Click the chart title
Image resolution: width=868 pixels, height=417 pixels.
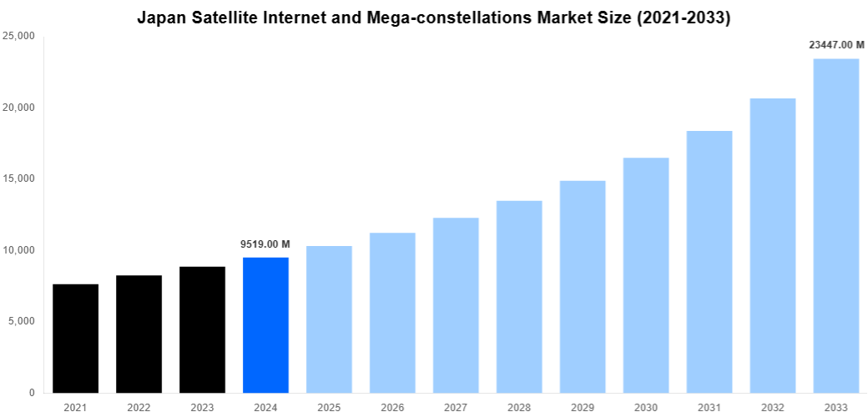(x=433, y=18)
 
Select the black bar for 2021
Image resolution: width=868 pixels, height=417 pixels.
(x=75, y=339)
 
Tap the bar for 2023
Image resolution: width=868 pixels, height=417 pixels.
(x=202, y=330)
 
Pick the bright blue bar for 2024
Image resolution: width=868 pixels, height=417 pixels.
(x=265, y=325)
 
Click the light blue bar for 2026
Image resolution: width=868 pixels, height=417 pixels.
(x=392, y=313)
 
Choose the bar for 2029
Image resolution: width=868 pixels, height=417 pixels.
(x=583, y=287)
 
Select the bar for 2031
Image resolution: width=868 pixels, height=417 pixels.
(x=709, y=262)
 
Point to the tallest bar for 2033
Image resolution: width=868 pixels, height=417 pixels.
(x=835, y=226)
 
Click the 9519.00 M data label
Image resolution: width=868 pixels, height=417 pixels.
(x=265, y=244)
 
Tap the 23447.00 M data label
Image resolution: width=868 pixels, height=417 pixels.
(x=835, y=45)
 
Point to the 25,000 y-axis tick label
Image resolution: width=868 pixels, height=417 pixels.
(x=18, y=37)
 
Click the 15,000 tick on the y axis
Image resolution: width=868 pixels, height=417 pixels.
(x=18, y=179)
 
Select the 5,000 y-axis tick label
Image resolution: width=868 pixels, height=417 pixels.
(x=21, y=322)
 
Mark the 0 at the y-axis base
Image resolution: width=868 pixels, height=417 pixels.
(x=31, y=393)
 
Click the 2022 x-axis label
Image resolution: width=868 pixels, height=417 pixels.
(x=139, y=407)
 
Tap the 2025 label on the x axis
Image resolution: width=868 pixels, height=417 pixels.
(x=329, y=407)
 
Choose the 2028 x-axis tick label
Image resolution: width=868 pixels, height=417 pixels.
(x=519, y=407)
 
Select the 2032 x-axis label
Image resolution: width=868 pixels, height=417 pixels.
(x=773, y=407)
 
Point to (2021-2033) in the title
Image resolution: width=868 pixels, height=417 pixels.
(x=681, y=18)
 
